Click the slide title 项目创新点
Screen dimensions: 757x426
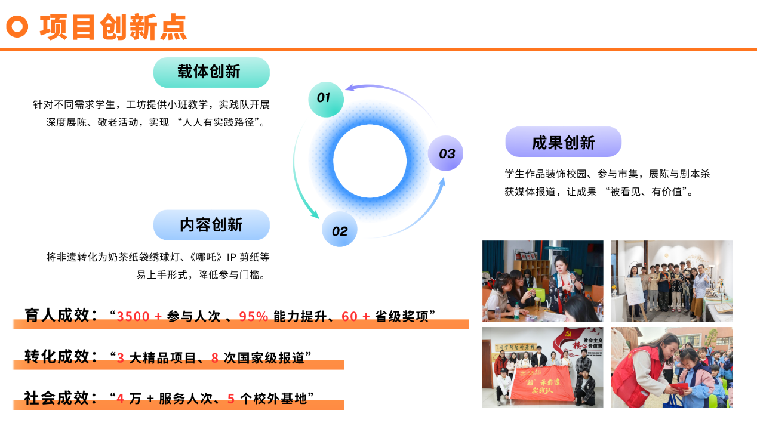(x=113, y=27)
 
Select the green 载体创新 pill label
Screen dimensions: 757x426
(x=211, y=72)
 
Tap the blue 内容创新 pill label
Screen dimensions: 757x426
(x=211, y=225)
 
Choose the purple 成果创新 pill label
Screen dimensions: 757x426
(x=564, y=142)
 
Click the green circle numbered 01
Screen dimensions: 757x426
(x=326, y=99)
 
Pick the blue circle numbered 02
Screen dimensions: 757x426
(x=340, y=229)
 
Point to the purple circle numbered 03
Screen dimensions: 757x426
(x=445, y=153)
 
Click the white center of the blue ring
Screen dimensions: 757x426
(x=370, y=161)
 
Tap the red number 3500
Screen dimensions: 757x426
(x=133, y=317)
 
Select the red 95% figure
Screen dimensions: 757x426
(x=254, y=317)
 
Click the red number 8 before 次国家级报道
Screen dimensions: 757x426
(x=214, y=358)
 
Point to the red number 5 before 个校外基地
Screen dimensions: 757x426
(x=231, y=399)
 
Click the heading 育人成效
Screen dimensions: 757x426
(x=57, y=315)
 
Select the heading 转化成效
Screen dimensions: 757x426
(x=57, y=356)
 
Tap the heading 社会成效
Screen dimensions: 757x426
(x=57, y=397)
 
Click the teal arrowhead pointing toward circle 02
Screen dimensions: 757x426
(x=315, y=214)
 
